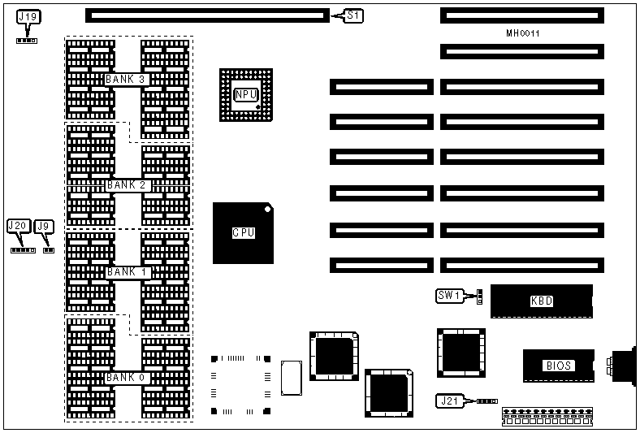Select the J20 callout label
pos(18,226)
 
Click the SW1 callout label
pos(449,297)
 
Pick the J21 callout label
pos(448,401)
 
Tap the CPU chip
pos(244,233)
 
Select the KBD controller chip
pos(542,301)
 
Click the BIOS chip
pos(559,366)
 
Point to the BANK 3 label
pos(125,80)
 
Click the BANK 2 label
pos(126,185)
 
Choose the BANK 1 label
pos(126,272)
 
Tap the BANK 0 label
pos(126,378)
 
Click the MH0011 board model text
pos(522,34)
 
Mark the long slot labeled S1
pos(206,15)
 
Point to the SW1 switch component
pos(479,297)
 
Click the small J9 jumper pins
pos(48,250)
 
